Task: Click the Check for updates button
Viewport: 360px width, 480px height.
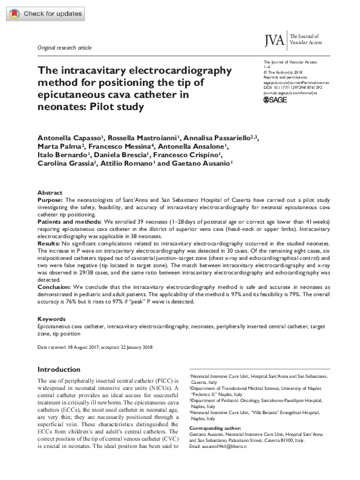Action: click(x=38, y=13)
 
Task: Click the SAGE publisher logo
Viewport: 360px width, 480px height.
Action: click(x=277, y=100)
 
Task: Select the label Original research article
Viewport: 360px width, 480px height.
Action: click(x=64, y=47)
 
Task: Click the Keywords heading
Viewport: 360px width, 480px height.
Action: click(x=51, y=318)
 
